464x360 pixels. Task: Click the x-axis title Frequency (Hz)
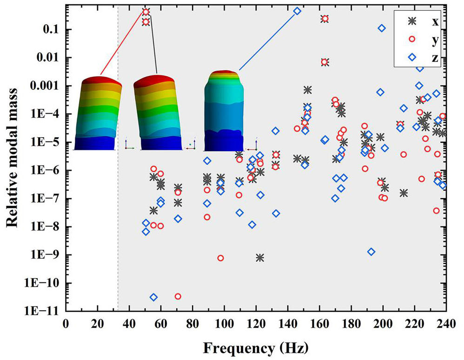tap(256, 348)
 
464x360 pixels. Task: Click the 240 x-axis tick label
tap(446, 324)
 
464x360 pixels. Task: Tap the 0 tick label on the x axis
tap(66, 324)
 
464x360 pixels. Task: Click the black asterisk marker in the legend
tap(412, 21)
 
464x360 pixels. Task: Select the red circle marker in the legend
tap(412, 39)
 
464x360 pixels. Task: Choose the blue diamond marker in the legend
tap(412, 57)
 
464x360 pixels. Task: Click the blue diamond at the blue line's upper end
tap(298, 11)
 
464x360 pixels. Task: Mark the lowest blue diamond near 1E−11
tap(153, 297)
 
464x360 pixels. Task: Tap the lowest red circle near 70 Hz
tap(178, 296)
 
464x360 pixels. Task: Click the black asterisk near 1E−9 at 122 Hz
tap(260, 258)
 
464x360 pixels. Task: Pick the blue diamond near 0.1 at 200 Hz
tap(382, 28)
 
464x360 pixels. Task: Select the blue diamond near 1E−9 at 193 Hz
tap(371, 252)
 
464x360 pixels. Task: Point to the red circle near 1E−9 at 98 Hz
tap(220, 258)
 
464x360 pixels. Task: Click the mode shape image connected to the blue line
tap(224, 110)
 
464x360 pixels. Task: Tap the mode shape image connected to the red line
tap(98, 113)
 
